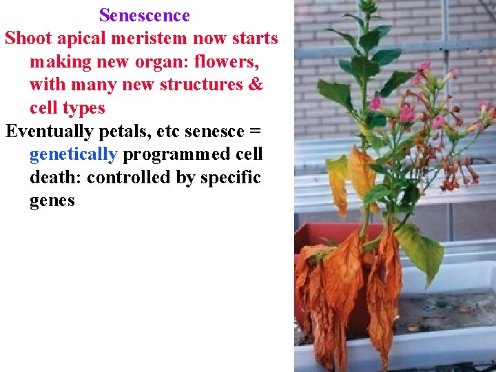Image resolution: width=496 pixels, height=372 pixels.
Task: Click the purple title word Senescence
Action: click(144, 15)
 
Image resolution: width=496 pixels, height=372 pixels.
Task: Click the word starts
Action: click(254, 39)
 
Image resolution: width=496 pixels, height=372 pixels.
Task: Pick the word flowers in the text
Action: click(226, 62)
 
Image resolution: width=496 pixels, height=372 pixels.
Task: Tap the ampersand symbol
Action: click(255, 85)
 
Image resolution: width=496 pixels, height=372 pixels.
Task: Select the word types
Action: click(84, 108)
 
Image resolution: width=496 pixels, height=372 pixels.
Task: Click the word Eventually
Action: click(49, 132)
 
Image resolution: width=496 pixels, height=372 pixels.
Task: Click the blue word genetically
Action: click(73, 154)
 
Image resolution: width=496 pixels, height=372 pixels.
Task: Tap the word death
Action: click(55, 178)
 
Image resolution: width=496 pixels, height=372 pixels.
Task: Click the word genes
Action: click(52, 201)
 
